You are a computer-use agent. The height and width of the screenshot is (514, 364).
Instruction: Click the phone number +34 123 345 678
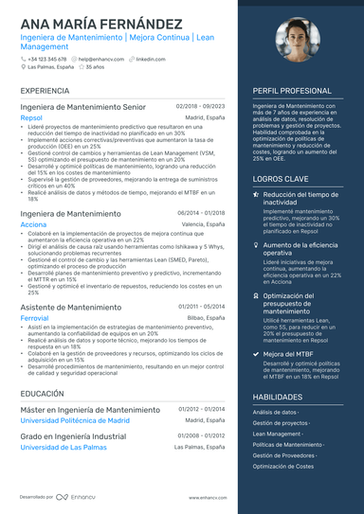pos(47,59)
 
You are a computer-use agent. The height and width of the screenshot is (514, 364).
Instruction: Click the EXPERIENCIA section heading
pos(44,91)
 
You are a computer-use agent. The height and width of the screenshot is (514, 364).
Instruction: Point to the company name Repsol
pos(31,117)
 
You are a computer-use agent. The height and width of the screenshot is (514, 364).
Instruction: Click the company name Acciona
pos(33,225)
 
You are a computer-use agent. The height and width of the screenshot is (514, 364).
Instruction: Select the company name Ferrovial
pos(35,318)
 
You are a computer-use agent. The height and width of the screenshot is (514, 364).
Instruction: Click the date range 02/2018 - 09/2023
pos(201,108)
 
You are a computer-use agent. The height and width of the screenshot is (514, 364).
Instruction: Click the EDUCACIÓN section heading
pos(42,393)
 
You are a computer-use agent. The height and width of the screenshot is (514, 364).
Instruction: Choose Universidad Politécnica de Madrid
pos(75,420)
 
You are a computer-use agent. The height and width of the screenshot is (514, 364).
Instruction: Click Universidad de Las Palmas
pos(64,447)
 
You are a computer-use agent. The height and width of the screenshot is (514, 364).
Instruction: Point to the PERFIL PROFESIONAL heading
pos(292,91)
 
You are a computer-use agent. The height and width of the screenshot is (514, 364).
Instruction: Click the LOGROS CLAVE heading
pos(281,178)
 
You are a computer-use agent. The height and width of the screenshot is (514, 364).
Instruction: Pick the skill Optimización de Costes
pos(283,466)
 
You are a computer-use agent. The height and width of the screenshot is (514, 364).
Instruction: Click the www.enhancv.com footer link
pos(207,497)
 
